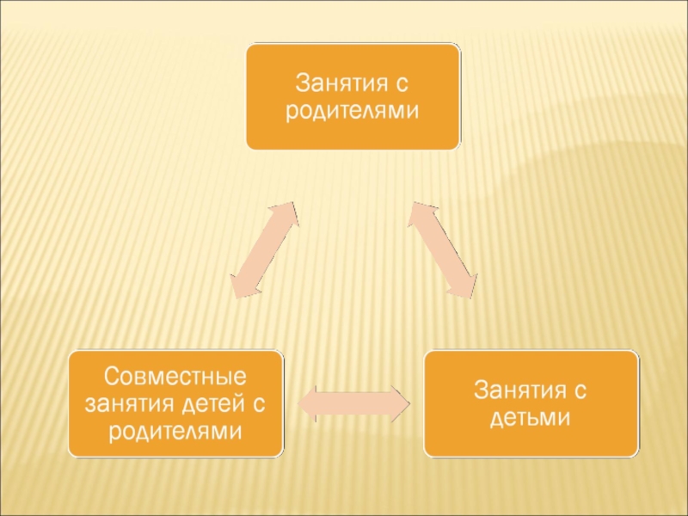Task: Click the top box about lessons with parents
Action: click(x=353, y=96)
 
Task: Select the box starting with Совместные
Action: click(x=176, y=402)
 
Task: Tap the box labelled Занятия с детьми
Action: click(x=530, y=402)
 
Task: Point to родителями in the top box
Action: click(x=353, y=111)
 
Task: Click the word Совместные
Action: click(x=175, y=376)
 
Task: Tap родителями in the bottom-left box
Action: click(x=175, y=429)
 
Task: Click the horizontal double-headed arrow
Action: click(x=354, y=403)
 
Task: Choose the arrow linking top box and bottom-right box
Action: click(x=442, y=250)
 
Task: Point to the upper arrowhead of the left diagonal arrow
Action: click(x=287, y=214)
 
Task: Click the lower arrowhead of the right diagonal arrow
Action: click(x=464, y=287)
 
